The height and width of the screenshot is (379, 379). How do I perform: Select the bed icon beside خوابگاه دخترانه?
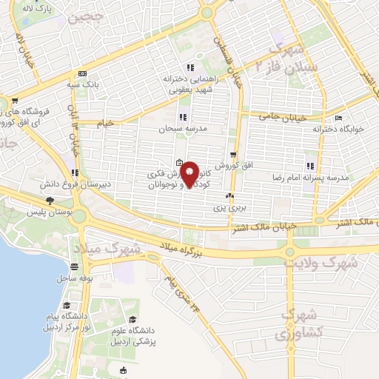[339, 118]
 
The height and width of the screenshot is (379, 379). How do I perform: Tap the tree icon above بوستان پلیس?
[50, 201]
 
